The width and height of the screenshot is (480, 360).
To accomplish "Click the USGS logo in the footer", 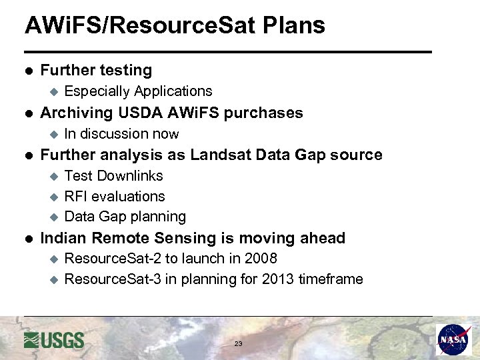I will (x=54, y=340).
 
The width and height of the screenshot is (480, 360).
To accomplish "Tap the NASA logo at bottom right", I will (x=454, y=340).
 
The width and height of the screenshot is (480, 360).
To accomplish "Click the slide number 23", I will (x=238, y=344).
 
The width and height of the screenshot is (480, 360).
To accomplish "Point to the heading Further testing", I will (x=96, y=70).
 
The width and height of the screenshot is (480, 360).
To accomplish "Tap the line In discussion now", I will (x=121, y=134).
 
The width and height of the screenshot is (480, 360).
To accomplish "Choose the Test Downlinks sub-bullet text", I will (x=113, y=176).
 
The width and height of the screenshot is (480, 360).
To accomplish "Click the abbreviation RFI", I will (x=76, y=197).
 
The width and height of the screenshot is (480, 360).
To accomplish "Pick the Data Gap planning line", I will (x=125, y=217).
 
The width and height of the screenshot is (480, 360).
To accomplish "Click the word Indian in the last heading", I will (x=63, y=238).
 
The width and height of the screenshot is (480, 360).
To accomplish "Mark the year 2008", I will (x=261, y=259).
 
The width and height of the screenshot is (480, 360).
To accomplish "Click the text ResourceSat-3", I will (x=112, y=279).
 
